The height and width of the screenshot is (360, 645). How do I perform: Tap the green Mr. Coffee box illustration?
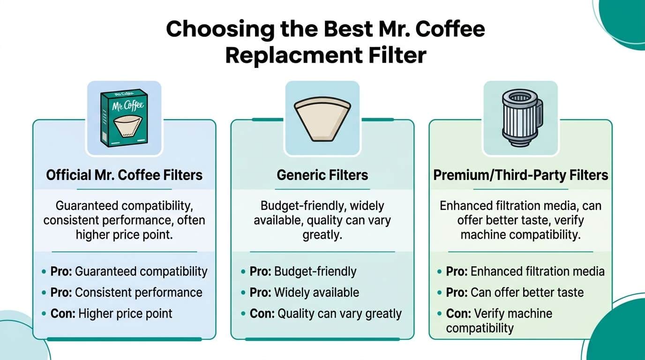[x=124, y=118]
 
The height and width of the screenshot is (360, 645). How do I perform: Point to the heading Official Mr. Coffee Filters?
[x=124, y=175]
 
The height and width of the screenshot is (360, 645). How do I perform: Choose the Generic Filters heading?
[x=322, y=175]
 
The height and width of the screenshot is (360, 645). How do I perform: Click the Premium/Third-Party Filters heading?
[x=520, y=175]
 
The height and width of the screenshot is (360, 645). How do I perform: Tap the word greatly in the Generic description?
[x=322, y=234]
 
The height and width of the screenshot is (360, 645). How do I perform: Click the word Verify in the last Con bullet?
[x=490, y=313]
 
